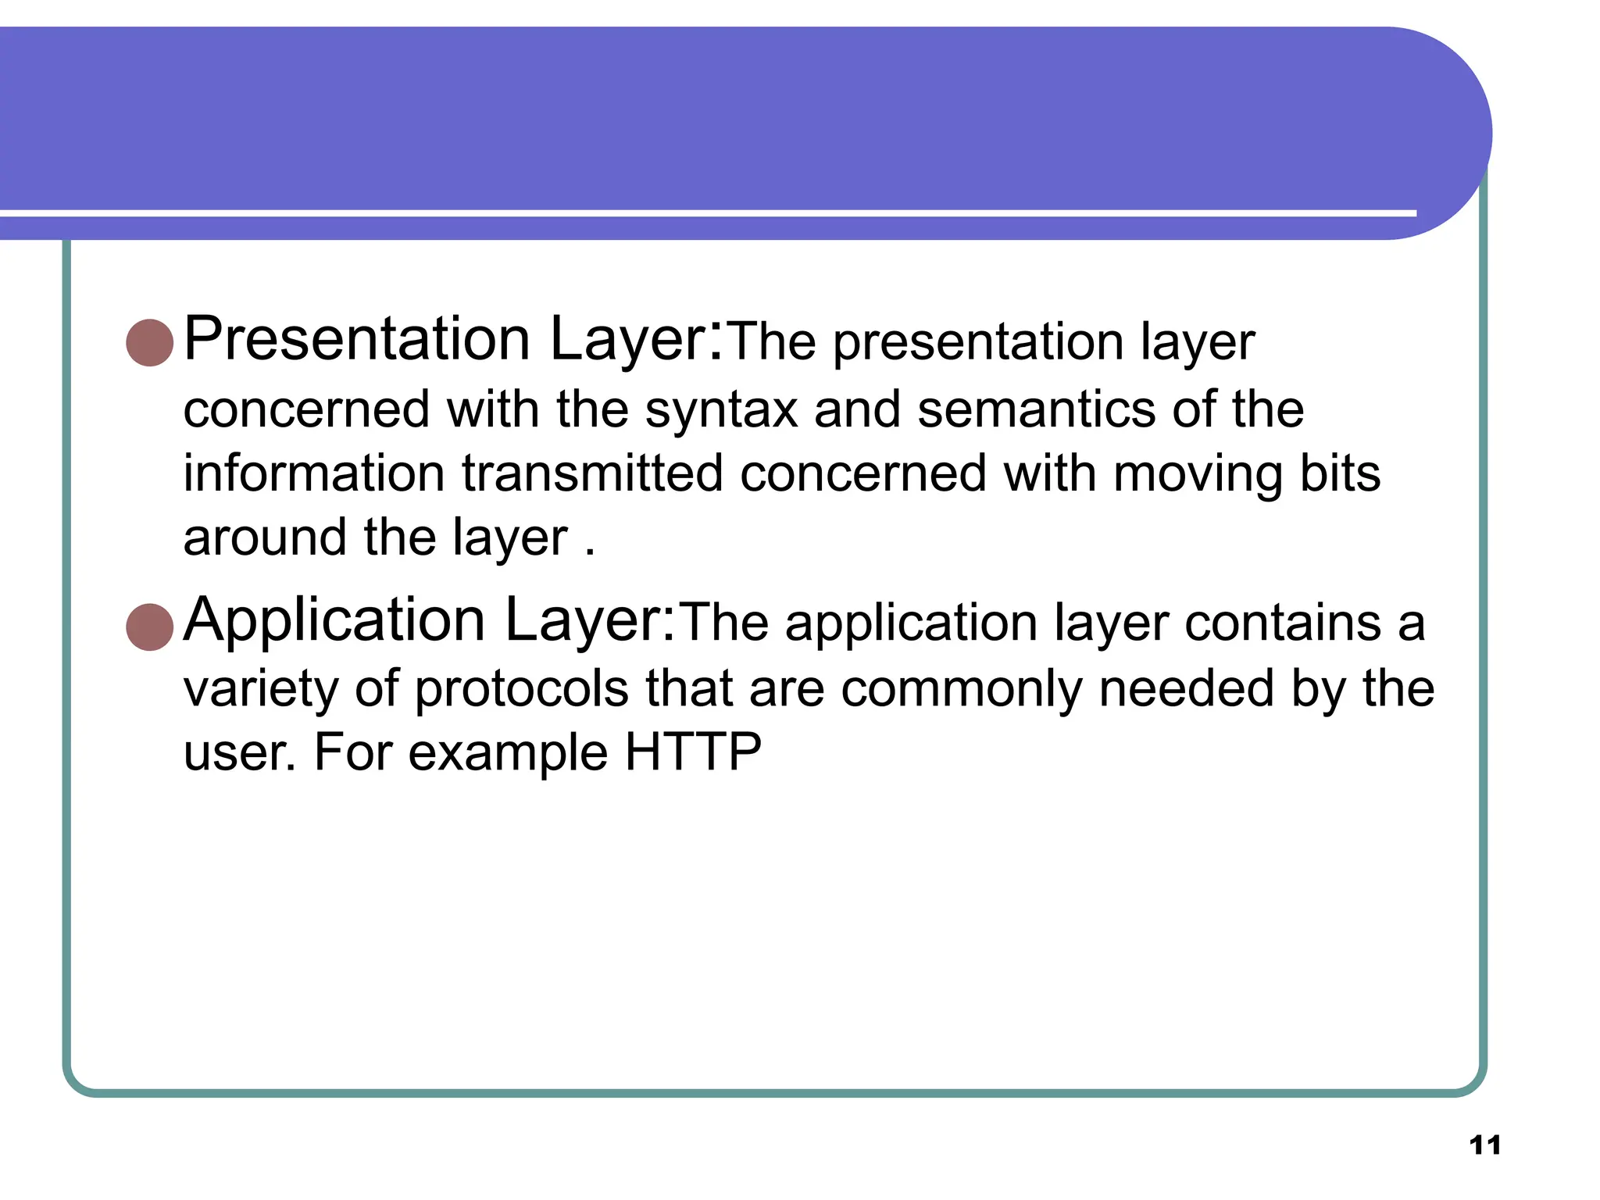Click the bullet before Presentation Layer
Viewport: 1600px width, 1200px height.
(x=149, y=342)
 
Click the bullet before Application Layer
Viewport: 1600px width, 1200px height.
(x=149, y=627)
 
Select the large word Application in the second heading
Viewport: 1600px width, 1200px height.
(x=334, y=620)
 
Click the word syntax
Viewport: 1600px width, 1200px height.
(x=721, y=411)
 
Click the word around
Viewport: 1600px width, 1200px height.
(x=265, y=537)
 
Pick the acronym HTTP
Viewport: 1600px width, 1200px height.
(x=693, y=752)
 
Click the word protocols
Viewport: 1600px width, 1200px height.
(x=521, y=689)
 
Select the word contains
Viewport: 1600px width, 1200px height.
(x=1282, y=623)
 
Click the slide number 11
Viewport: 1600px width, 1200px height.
(x=1484, y=1145)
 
